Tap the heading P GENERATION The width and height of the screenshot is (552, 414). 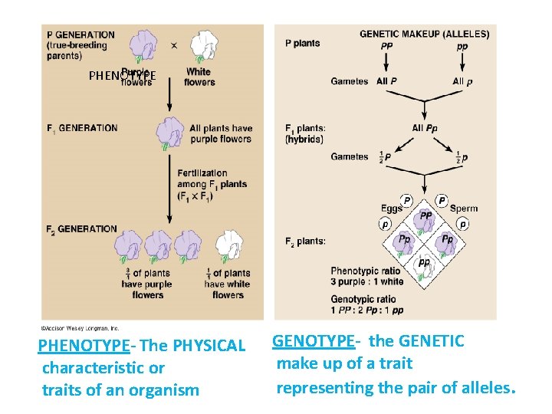tap(80, 34)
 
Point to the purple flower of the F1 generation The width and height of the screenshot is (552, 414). tap(170, 132)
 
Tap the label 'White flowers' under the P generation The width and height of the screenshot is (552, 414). tap(199, 77)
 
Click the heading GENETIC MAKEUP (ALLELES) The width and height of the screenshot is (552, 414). tap(424, 34)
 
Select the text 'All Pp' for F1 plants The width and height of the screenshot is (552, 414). tap(425, 128)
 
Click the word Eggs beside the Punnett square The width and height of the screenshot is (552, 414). tap(391, 209)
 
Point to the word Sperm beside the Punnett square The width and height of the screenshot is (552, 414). tap(464, 209)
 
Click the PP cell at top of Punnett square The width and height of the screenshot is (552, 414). tap(425, 216)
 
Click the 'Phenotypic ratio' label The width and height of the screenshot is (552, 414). tap(366, 271)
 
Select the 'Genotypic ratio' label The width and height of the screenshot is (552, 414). tap(363, 299)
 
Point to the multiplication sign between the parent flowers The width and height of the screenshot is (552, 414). tap(174, 46)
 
